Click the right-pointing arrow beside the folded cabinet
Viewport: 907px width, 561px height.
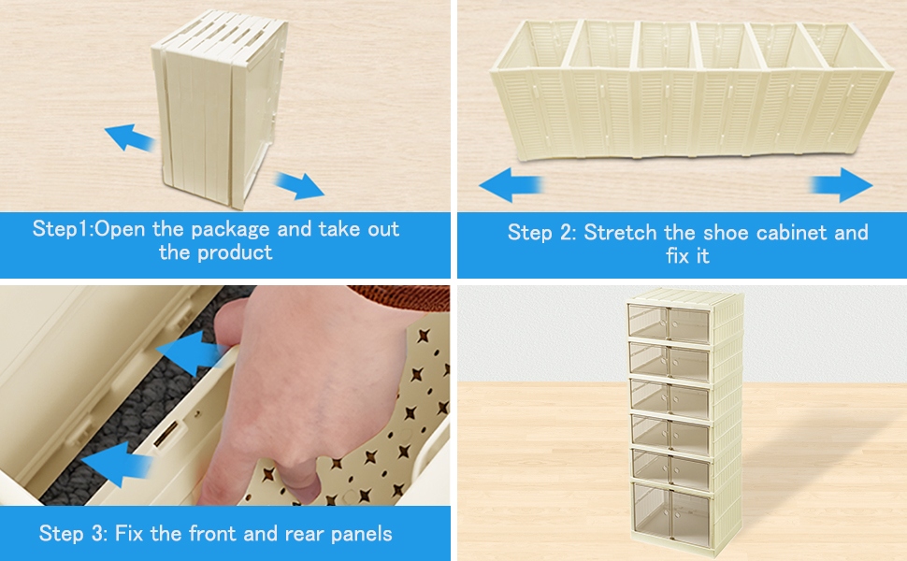[299, 185]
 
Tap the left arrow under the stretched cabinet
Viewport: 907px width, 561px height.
[511, 185]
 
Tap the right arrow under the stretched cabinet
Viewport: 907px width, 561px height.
[841, 185]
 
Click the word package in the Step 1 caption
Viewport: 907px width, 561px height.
[230, 230]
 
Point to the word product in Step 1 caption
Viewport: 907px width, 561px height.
[235, 252]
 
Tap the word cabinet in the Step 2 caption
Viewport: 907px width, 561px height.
[793, 233]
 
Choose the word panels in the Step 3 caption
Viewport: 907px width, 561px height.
[362, 534]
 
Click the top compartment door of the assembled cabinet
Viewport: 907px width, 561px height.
[669, 324]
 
